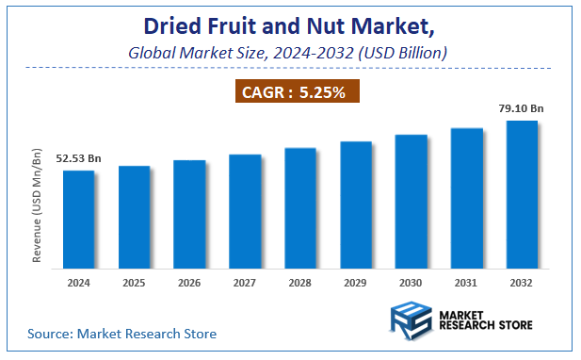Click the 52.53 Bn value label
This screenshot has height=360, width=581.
click(77, 158)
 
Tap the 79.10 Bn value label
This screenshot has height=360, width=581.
click(521, 108)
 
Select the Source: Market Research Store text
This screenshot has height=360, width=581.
click(121, 333)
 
